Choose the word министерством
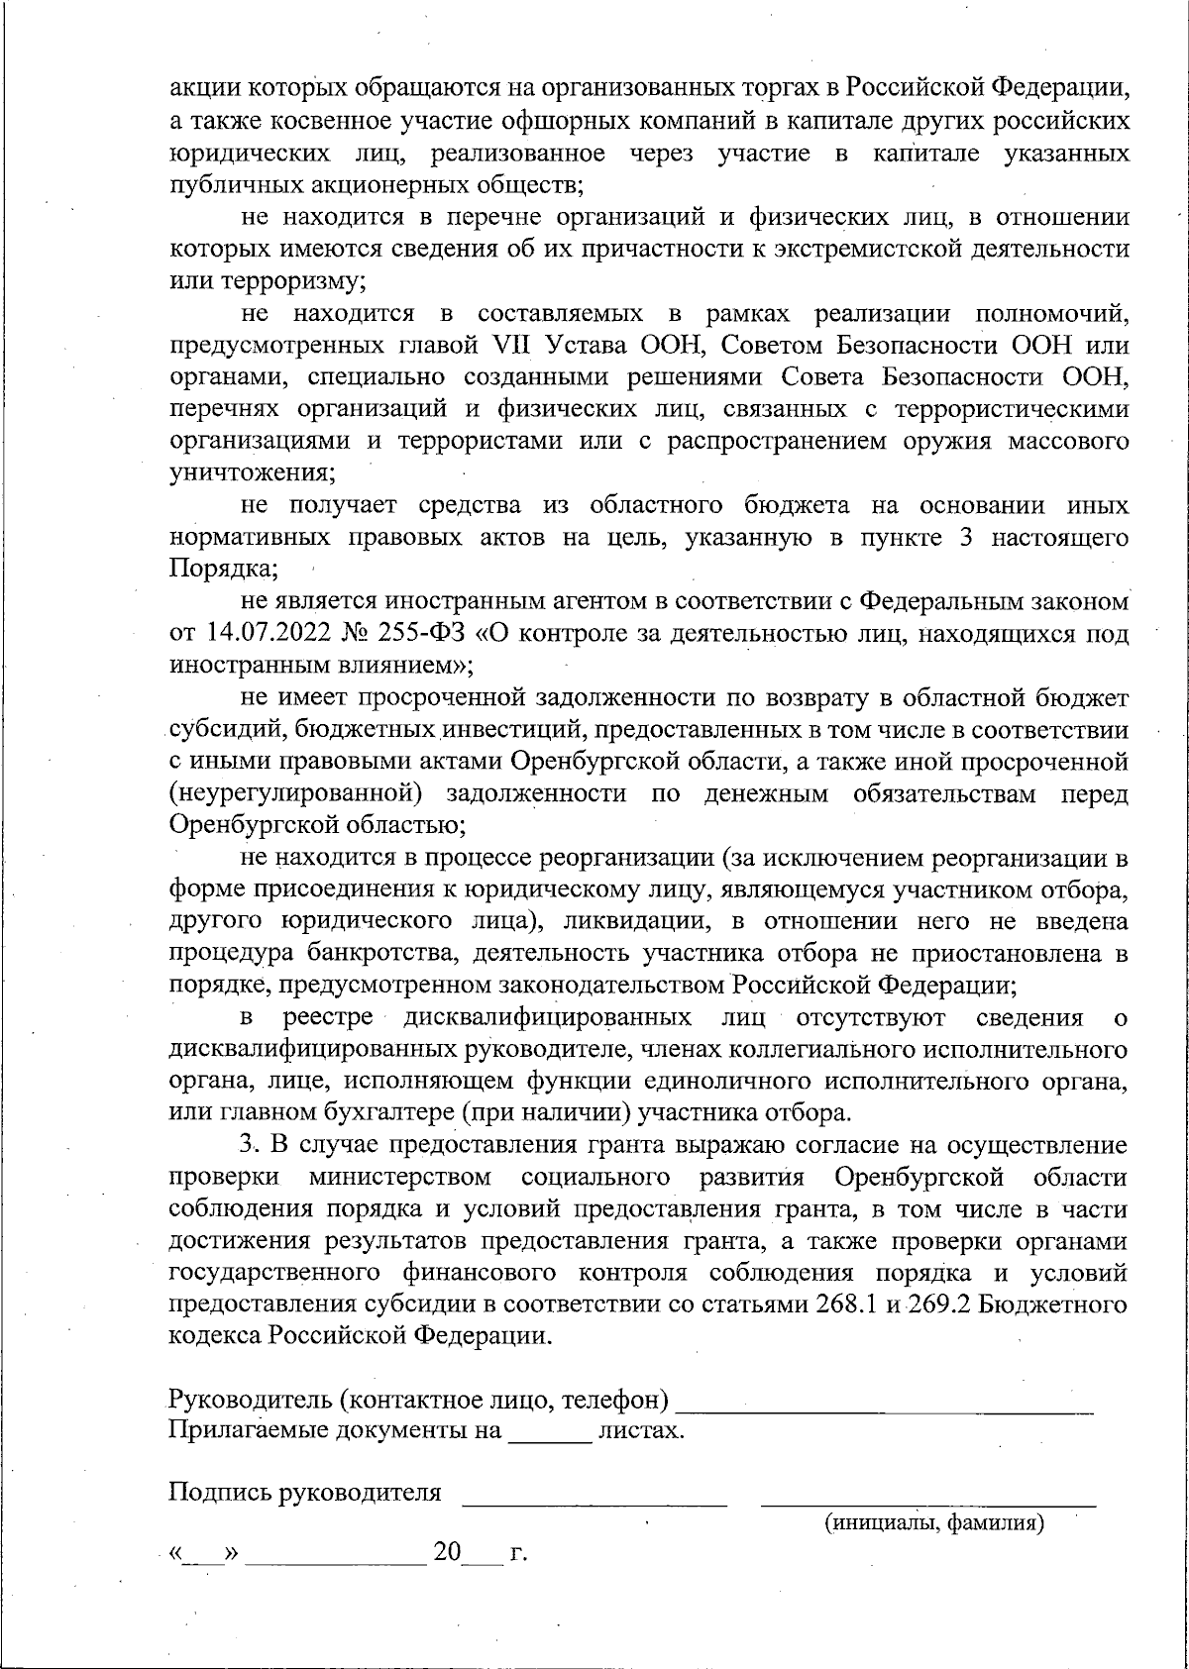[x=399, y=1177]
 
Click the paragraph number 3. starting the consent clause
[x=249, y=1145]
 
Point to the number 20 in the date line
[x=447, y=1552]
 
